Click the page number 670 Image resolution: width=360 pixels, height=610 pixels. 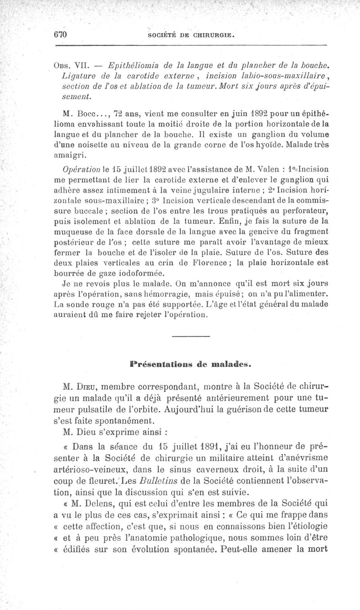coord(60,35)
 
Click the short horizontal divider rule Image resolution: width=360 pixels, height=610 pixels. coord(191,337)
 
